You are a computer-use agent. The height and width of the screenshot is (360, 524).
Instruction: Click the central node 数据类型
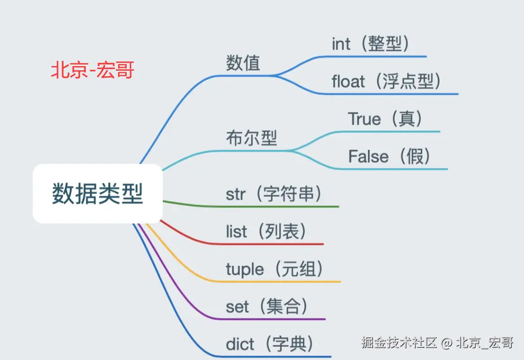coord(98,194)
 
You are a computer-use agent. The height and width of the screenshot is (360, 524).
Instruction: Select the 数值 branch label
coord(243,63)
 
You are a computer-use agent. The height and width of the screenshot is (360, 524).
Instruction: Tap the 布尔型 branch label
coord(251,138)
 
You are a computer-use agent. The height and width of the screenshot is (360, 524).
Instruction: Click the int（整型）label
coord(371,44)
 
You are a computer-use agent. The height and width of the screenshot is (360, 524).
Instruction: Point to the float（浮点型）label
coord(386,81)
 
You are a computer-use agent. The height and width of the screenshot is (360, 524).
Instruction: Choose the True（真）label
coord(386,119)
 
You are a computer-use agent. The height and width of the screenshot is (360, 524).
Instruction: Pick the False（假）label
coord(390,157)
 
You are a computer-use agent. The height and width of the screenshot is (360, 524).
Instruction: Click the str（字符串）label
coord(274,194)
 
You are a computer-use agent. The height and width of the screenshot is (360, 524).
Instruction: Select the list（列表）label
coord(267,232)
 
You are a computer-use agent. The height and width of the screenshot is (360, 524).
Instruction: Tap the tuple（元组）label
coord(275,269)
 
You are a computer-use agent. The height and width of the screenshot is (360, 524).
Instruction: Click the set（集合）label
coord(267,307)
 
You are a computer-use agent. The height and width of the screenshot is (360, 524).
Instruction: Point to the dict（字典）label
coord(270,344)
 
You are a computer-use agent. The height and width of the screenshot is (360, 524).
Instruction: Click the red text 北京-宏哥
coord(92,71)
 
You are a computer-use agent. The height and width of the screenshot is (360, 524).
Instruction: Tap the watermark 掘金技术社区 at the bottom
coord(399,343)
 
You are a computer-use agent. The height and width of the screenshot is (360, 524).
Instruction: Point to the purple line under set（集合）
coord(270,319)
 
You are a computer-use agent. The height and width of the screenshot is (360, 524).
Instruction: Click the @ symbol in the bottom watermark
coord(446,343)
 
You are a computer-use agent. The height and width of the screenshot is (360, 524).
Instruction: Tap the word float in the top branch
coord(348,81)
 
